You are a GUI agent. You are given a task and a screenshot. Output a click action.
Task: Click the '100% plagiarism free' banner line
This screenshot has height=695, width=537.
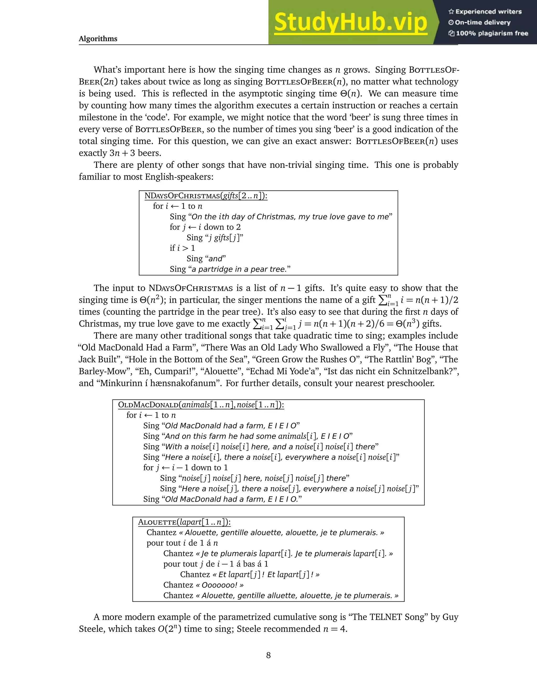point(488,33)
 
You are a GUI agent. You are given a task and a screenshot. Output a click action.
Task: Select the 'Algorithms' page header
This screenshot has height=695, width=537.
point(98,39)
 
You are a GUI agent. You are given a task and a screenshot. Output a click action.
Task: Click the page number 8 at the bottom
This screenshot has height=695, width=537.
point(268,655)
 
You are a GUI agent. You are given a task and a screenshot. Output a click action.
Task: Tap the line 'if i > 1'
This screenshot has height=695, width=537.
point(182,248)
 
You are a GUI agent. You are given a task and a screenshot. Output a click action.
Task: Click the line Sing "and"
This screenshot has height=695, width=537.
point(206,259)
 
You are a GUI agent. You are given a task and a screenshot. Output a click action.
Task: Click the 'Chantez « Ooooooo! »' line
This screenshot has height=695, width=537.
point(203,585)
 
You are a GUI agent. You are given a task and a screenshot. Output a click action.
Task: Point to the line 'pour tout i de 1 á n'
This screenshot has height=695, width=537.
point(182,543)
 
